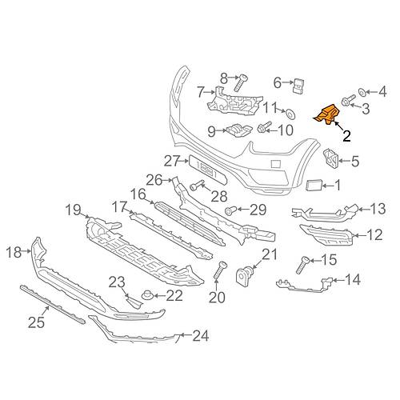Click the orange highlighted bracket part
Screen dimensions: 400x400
coord(327,114)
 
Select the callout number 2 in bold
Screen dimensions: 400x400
coord(346,136)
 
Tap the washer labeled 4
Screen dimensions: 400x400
coord(362,92)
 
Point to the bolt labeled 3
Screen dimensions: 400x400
coord(349,100)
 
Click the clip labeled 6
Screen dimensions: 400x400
coord(298,86)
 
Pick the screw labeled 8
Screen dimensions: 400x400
coord(241,82)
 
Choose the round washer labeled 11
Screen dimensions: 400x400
coord(290,114)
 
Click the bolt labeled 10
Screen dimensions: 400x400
coord(264,127)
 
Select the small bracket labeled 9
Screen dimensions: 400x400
coord(238,130)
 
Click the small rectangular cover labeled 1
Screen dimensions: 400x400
coord(314,185)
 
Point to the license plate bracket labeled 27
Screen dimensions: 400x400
coord(208,170)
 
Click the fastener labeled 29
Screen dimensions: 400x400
coord(230,210)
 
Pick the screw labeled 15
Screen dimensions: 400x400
coord(302,265)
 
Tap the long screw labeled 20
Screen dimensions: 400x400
coord(220,270)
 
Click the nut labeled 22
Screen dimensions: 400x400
coord(146,296)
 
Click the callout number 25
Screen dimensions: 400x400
coord(37,322)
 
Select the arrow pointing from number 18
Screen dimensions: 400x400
coord(26,251)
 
